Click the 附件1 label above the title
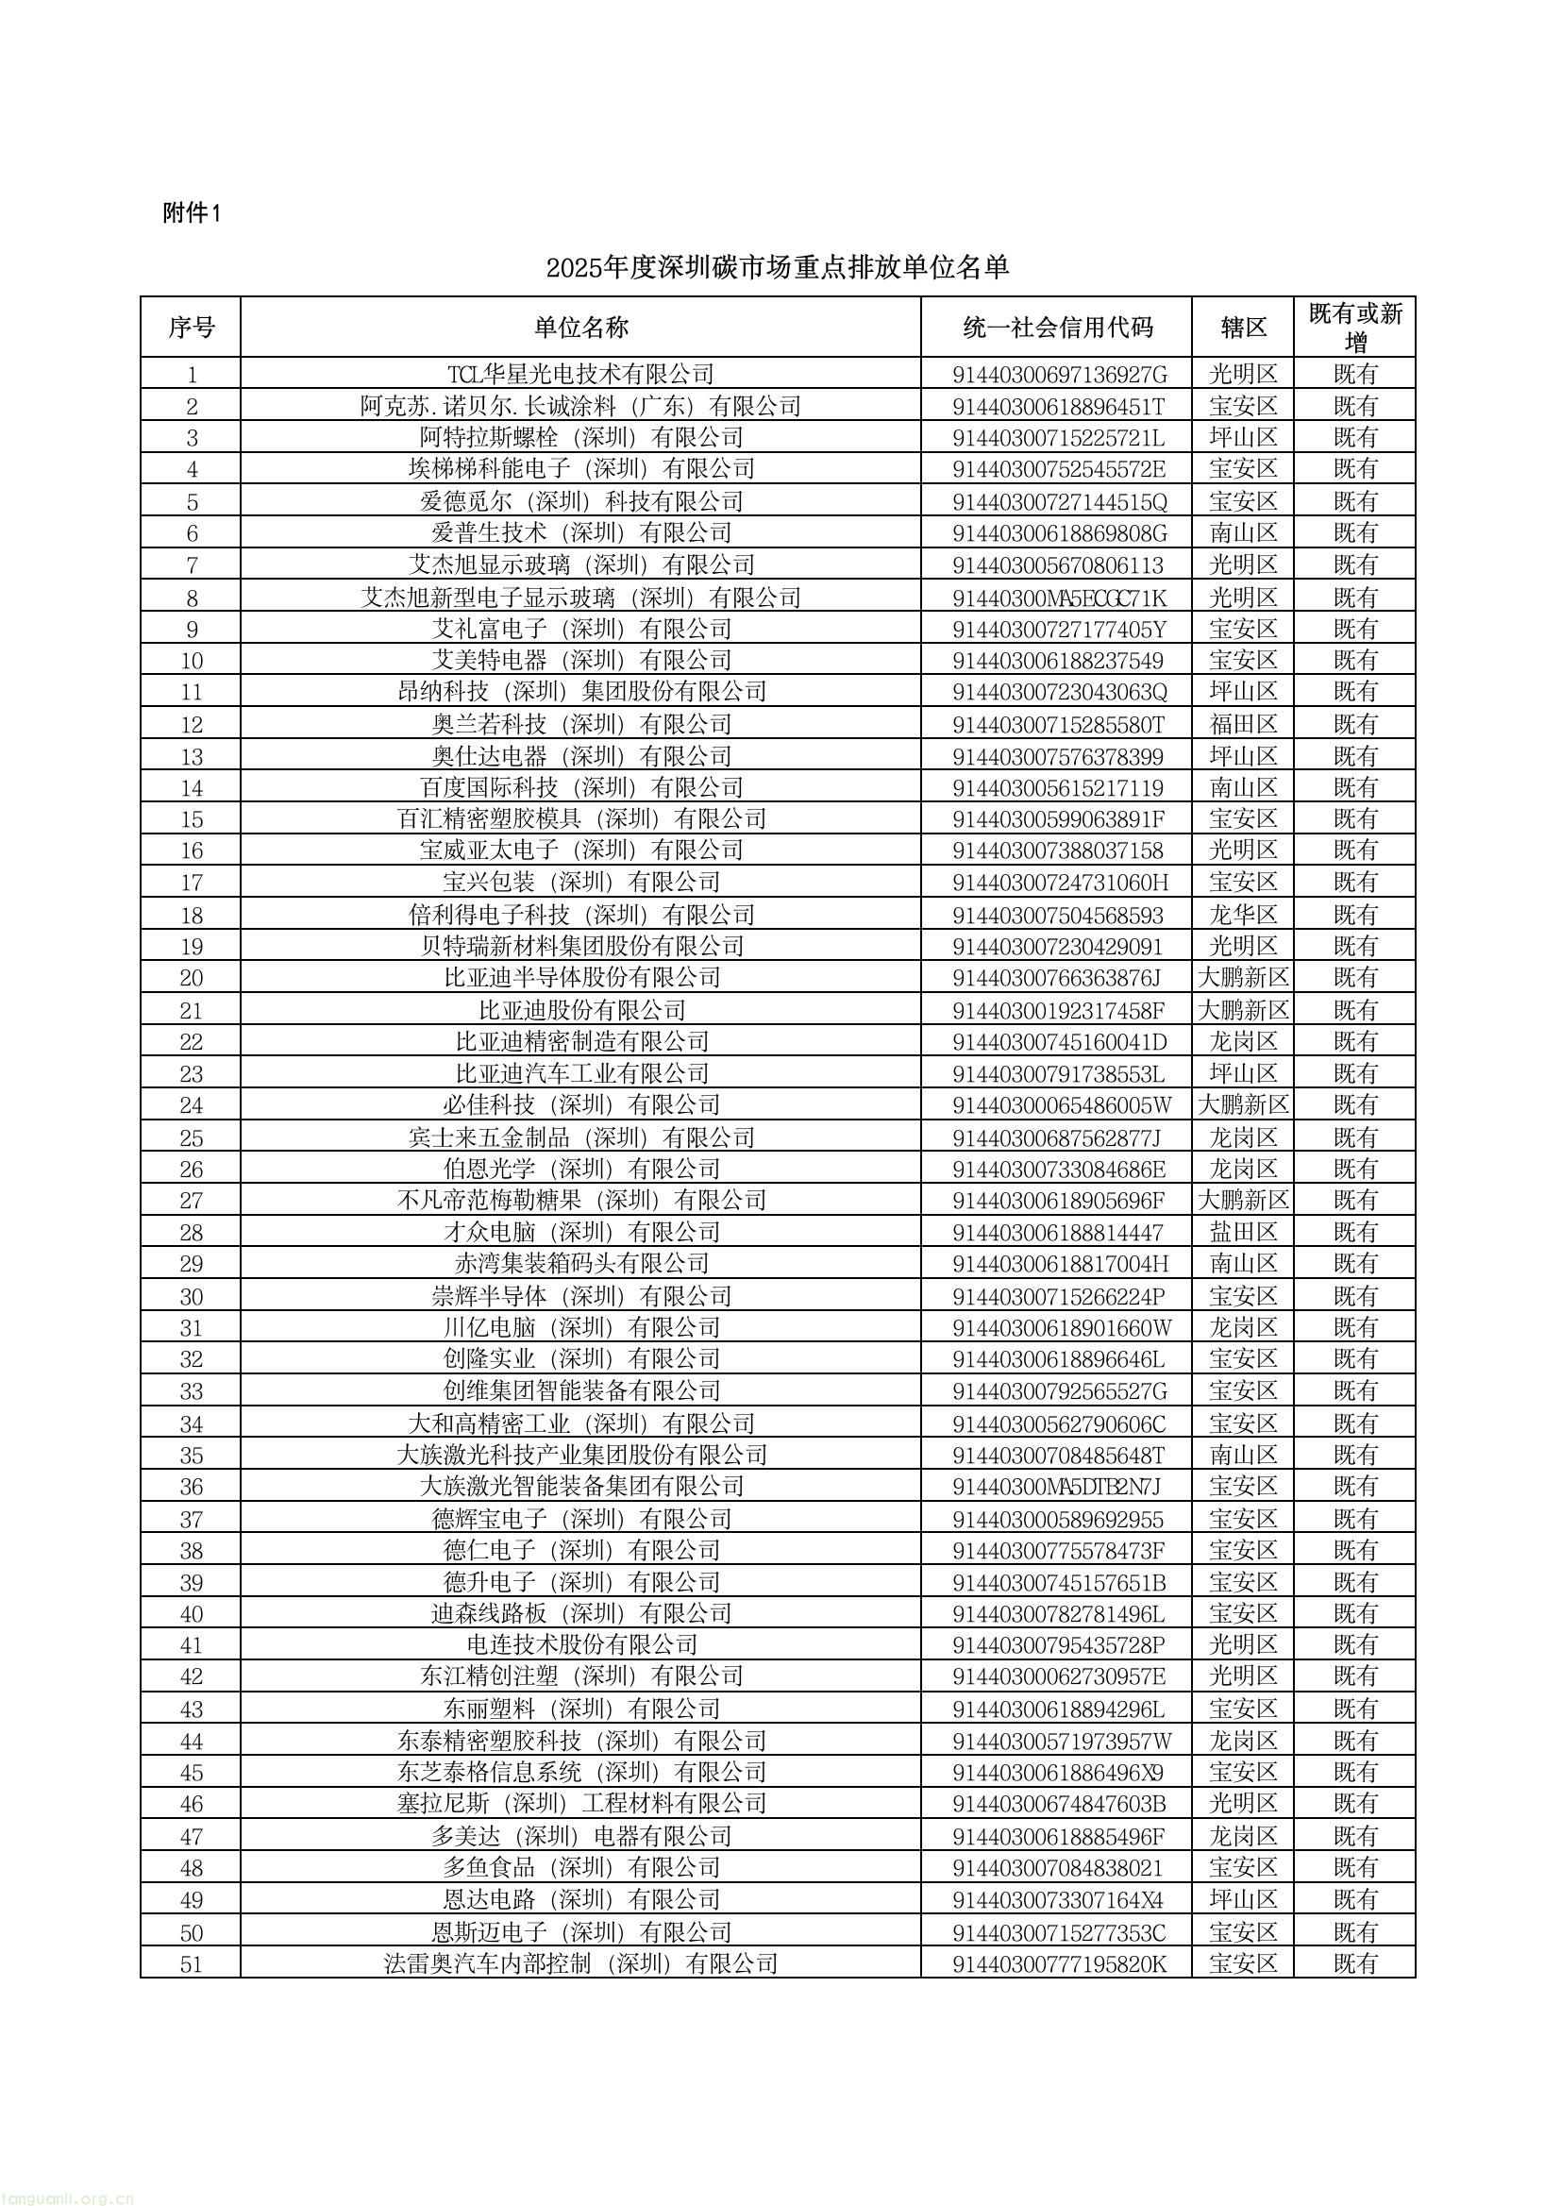[x=193, y=213]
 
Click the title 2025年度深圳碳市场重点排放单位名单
[x=778, y=266]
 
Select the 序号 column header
[x=192, y=328]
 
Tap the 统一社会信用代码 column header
[x=1056, y=328]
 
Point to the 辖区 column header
[x=1243, y=328]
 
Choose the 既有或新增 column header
[x=1355, y=328]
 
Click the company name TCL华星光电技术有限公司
[x=580, y=374]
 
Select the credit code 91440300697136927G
[x=1058, y=374]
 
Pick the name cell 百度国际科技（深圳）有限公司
[x=580, y=787]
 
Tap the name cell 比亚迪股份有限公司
[x=580, y=1010]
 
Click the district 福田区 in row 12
[x=1243, y=724]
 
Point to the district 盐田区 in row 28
[x=1243, y=1232]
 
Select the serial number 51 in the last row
[x=192, y=1963]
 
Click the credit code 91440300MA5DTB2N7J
[x=1056, y=1487]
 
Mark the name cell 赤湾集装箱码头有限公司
[x=580, y=1264]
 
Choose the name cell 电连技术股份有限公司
[x=580, y=1645]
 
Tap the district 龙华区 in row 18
[x=1243, y=914]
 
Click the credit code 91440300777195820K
[x=1058, y=1963]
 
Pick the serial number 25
[x=192, y=1138]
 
